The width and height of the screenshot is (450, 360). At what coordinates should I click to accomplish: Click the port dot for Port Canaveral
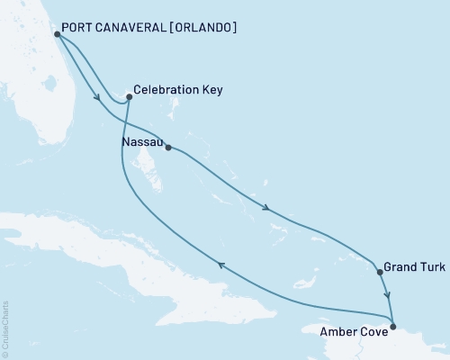pyautogui.click(x=57, y=34)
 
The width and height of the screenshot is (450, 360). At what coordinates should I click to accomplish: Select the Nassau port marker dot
pyautogui.click(x=168, y=148)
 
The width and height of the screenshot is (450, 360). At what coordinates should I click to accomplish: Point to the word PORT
pyautogui.click(x=79, y=28)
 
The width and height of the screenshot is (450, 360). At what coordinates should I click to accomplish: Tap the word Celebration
pyautogui.click(x=167, y=90)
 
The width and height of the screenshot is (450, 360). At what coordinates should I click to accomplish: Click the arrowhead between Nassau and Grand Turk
pyautogui.click(x=267, y=210)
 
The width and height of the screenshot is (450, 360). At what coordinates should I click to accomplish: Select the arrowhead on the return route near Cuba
pyautogui.click(x=220, y=262)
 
